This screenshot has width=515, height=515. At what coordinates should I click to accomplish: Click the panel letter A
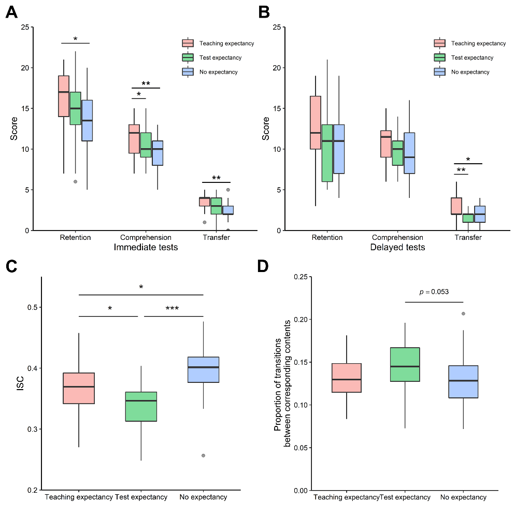(x=11, y=12)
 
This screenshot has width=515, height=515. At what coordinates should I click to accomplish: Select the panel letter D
(x=264, y=267)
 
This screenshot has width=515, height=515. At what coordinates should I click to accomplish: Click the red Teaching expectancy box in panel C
(x=79, y=388)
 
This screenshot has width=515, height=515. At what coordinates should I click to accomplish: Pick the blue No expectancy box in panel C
(x=203, y=369)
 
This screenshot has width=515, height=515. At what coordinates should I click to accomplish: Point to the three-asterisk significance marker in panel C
(x=172, y=309)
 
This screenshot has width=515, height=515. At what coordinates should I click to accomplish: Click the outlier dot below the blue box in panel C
(x=203, y=455)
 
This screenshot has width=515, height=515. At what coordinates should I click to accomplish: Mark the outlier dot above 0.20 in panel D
(x=463, y=313)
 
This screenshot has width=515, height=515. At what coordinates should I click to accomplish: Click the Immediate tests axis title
(x=146, y=248)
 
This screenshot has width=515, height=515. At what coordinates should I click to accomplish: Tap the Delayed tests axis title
(x=397, y=248)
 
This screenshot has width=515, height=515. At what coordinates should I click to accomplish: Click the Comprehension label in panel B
(x=398, y=238)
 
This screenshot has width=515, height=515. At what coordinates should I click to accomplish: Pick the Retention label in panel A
(x=75, y=238)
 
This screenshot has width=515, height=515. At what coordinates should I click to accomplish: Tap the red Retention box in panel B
(x=316, y=122)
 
